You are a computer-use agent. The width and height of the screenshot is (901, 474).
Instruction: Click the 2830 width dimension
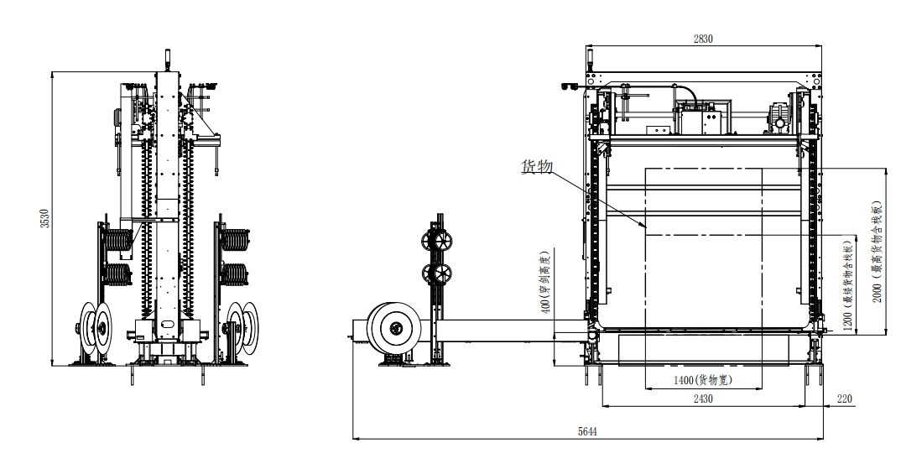coord(703,39)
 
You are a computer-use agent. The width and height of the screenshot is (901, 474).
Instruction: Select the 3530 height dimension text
coord(44,218)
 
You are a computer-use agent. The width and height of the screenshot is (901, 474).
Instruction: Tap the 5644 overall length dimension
coord(586,431)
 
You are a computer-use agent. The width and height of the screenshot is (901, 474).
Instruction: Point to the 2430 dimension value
coord(703,398)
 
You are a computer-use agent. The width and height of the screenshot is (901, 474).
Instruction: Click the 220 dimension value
coord(844,398)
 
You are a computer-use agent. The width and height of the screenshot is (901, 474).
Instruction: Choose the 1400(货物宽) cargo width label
coord(703,380)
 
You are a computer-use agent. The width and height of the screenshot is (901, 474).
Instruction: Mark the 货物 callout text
coord(537,167)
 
